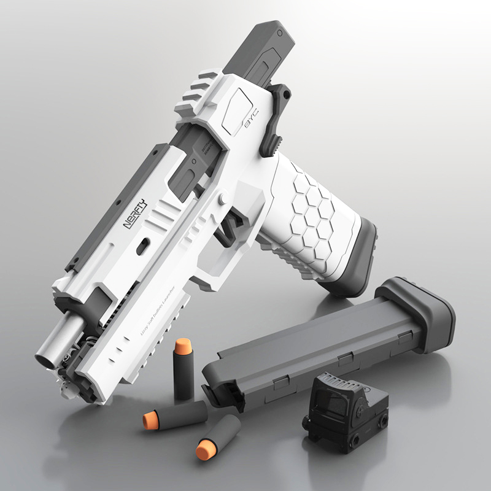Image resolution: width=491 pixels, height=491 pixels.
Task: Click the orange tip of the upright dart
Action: [x=182, y=347]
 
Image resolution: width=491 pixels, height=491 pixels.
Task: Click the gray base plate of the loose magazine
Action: [x=423, y=307]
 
